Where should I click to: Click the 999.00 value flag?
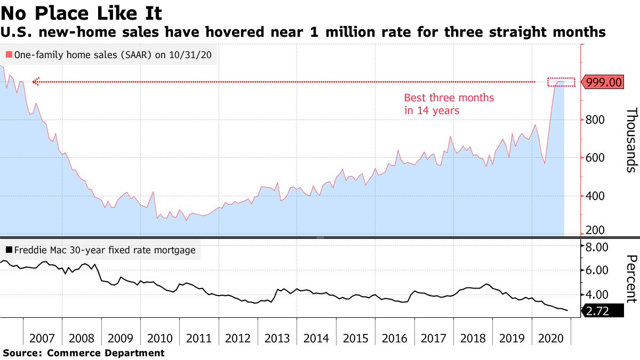603,82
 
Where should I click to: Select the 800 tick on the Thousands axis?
595,120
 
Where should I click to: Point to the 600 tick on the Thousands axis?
595,158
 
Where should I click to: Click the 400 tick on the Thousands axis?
595,196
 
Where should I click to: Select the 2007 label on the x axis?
43,339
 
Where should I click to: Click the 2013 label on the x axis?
277,339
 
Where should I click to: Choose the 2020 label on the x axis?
551,339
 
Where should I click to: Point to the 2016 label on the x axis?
395,339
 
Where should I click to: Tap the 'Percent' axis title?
631,279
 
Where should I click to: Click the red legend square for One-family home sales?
9,54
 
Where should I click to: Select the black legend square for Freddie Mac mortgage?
9,250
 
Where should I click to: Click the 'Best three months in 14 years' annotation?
449,105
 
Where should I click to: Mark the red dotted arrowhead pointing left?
36,82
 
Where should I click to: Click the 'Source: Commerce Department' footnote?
84,353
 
